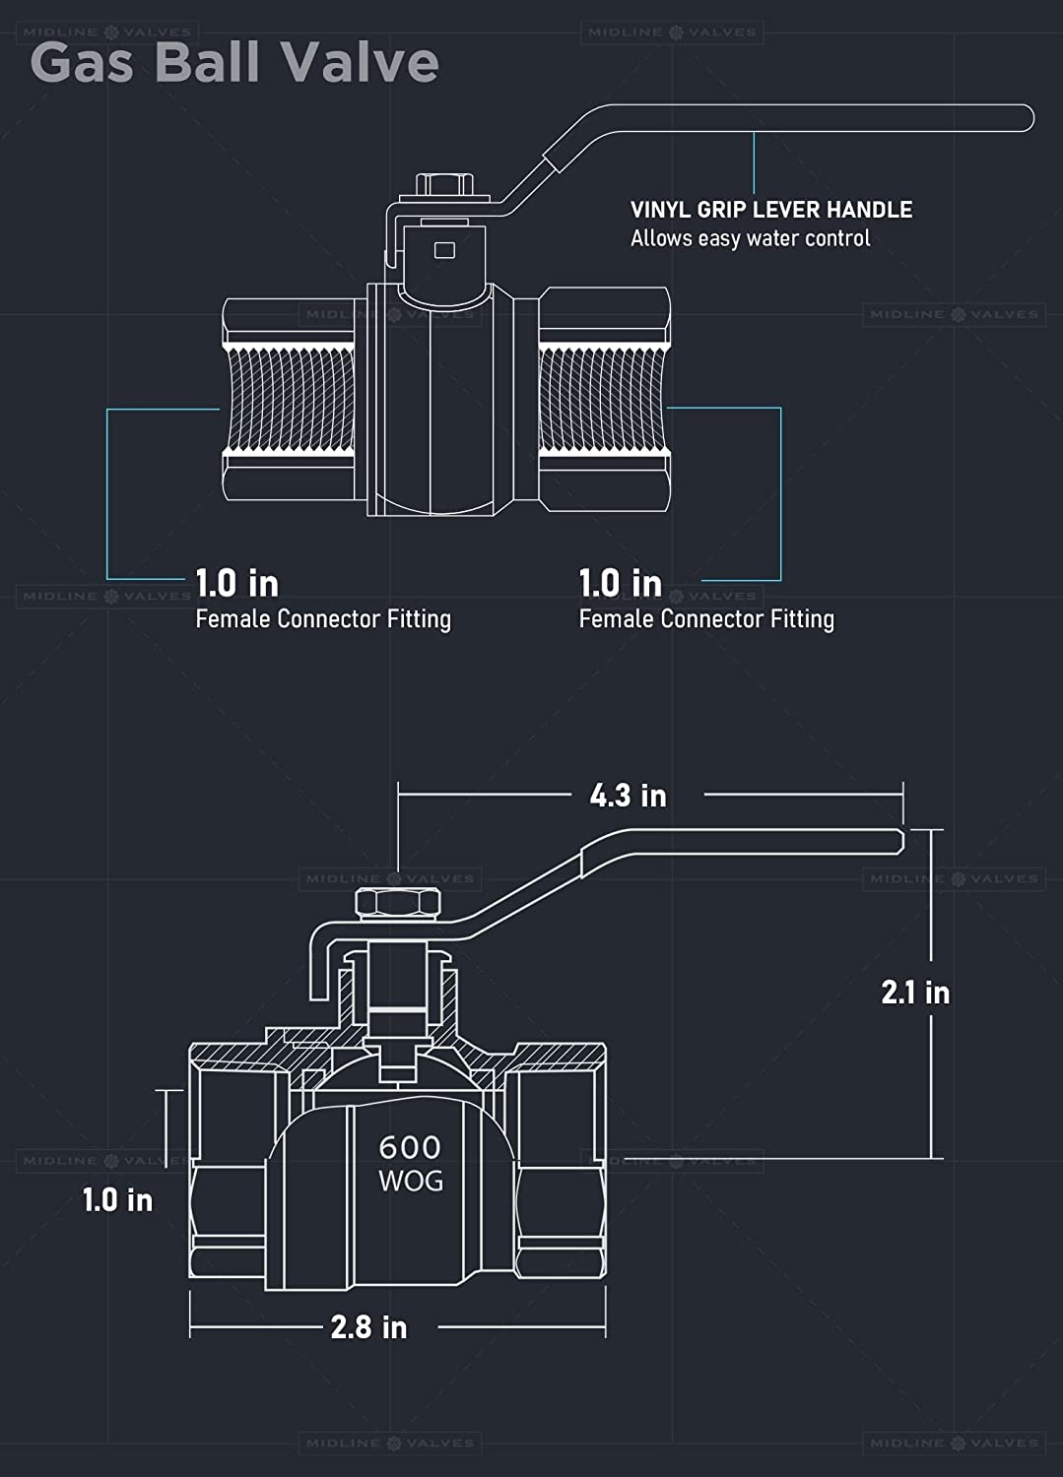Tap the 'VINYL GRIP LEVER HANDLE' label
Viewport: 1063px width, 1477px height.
pos(770,210)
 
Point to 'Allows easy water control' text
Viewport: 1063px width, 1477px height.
pos(750,238)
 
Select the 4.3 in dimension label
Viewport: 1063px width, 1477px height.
pos(628,795)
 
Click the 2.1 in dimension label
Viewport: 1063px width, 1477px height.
pos(915,992)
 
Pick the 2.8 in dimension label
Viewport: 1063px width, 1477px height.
pos(368,1326)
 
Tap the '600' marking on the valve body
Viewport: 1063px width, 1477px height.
pos(410,1147)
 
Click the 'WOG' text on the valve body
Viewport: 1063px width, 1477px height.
pos(411,1180)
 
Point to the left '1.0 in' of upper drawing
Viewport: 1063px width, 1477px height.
pos(236,583)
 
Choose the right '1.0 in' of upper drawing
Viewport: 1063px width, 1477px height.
pos(620,583)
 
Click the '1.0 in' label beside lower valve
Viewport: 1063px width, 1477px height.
pos(117,1199)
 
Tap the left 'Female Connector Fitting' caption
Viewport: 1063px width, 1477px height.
pos(323,618)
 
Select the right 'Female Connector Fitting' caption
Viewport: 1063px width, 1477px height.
pos(706,618)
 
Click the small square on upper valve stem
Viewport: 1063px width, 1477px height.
pos(444,250)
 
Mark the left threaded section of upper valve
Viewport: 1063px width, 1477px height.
pos(291,401)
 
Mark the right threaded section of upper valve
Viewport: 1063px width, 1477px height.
pos(604,401)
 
